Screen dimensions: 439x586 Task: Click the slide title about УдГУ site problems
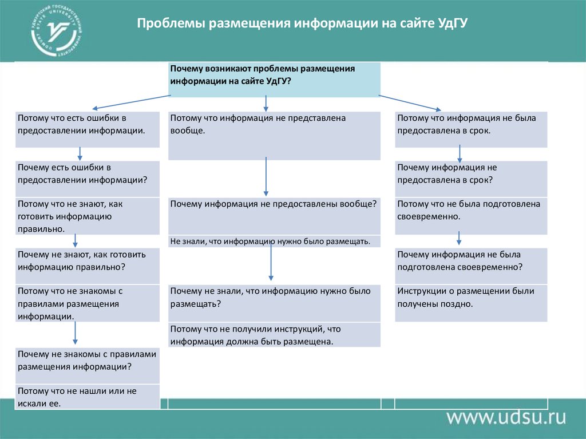point(303,25)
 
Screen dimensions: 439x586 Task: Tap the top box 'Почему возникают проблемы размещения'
point(274,79)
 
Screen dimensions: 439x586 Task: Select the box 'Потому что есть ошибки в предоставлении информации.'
point(88,129)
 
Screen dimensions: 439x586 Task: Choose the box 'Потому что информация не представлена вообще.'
point(274,135)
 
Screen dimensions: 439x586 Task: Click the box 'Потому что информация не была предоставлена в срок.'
point(471,129)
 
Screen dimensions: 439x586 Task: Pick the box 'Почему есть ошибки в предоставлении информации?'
point(88,179)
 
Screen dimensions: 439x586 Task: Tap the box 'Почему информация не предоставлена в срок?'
point(471,179)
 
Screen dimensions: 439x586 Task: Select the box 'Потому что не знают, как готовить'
point(88,216)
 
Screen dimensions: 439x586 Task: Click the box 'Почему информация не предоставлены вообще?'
point(274,216)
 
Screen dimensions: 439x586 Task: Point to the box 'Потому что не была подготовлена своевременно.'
point(471,216)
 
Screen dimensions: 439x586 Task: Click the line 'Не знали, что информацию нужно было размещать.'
point(274,242)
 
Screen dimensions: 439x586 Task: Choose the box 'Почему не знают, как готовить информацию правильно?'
point(88,266)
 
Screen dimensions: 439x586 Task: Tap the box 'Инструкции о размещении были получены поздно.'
point(471,303)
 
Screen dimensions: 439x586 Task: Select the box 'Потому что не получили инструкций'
point(274,335)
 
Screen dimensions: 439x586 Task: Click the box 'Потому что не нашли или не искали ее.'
point(88,397)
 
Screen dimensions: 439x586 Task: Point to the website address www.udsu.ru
point(506,416)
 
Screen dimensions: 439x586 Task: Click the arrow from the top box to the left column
point(131,102)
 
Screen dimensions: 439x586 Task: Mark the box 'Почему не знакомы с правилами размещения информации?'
point(88,365)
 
